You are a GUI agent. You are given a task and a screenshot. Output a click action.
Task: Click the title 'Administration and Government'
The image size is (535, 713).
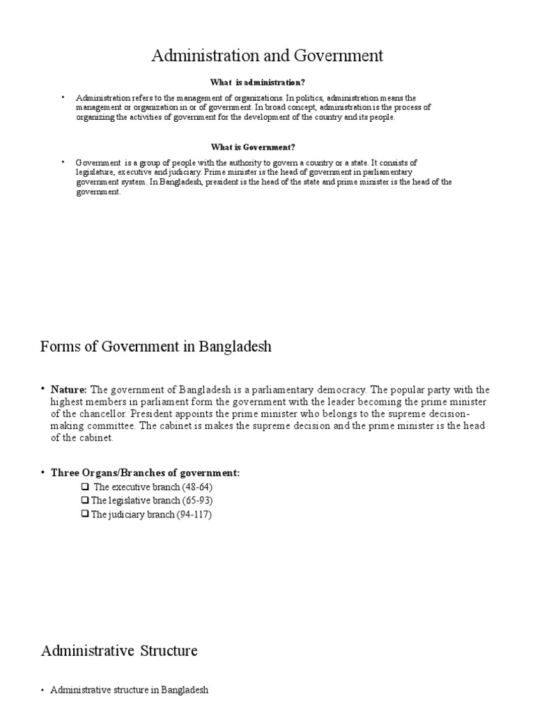click(x=267, y=55)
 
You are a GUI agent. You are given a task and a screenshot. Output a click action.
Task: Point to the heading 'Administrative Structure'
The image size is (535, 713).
click(x=119, y=651)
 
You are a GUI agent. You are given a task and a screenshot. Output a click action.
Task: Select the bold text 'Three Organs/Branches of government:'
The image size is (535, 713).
click(x=145, y=473)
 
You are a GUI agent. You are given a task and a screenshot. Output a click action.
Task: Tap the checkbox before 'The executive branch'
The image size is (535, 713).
click(x=85, y=487)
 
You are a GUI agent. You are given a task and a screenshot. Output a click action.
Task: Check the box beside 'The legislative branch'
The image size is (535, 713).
click(x=85, y=501)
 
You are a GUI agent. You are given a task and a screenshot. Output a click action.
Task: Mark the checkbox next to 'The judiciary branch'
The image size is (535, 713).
click(x=85, y=515)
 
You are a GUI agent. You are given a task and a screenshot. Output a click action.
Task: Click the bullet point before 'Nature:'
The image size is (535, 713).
click(x=42, y=389)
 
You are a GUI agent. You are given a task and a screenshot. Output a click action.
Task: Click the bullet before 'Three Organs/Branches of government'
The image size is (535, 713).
click(x=42, y=473)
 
